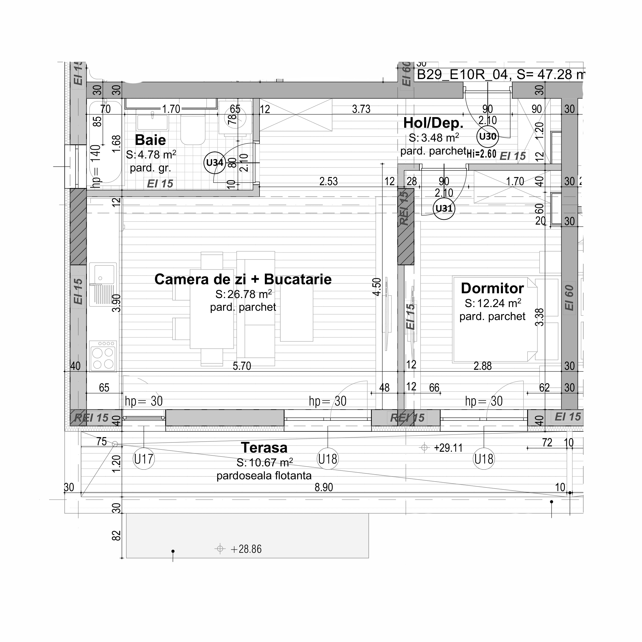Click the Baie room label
[x=150, y=140]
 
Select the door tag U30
[x=487, y=136]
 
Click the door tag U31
[x=444, y=208]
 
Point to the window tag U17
[x=144, y=459]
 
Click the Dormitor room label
[x=492, y=288]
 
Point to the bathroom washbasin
[x=153, y=122]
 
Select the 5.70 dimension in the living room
[x=241, y=366]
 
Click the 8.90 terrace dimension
[x=324, y=487]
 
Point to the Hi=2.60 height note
[x=481, y=154]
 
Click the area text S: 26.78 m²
[x=243, y=294]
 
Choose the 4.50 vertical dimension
[x=377, y=287]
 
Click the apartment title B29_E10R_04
[x=462, y=74]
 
